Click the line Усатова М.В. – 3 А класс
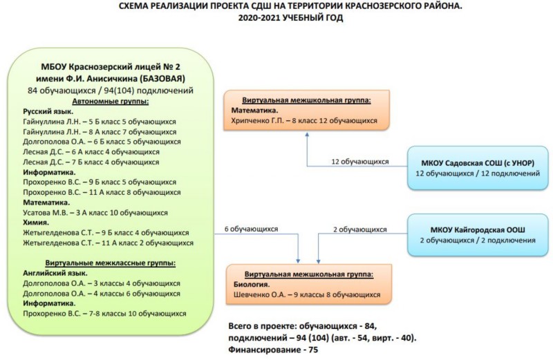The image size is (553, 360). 95,213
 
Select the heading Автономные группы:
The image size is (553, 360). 111,102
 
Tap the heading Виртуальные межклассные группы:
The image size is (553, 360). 111,263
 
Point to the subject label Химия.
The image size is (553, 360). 36,222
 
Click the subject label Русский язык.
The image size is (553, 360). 48,112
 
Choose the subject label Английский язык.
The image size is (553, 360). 55,273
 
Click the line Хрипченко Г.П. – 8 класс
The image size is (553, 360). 304,121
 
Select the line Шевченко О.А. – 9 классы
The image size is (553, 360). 307,295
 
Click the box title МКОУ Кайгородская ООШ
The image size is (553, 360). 478,230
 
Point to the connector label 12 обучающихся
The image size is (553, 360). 359,162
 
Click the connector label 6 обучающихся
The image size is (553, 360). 251,229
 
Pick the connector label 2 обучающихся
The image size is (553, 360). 359,229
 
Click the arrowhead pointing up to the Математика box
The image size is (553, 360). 307,134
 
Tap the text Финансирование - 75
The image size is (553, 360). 273,350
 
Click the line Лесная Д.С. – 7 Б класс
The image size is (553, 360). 91,162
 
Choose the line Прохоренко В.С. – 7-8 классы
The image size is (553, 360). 104,314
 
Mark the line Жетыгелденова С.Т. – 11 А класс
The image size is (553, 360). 109,243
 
